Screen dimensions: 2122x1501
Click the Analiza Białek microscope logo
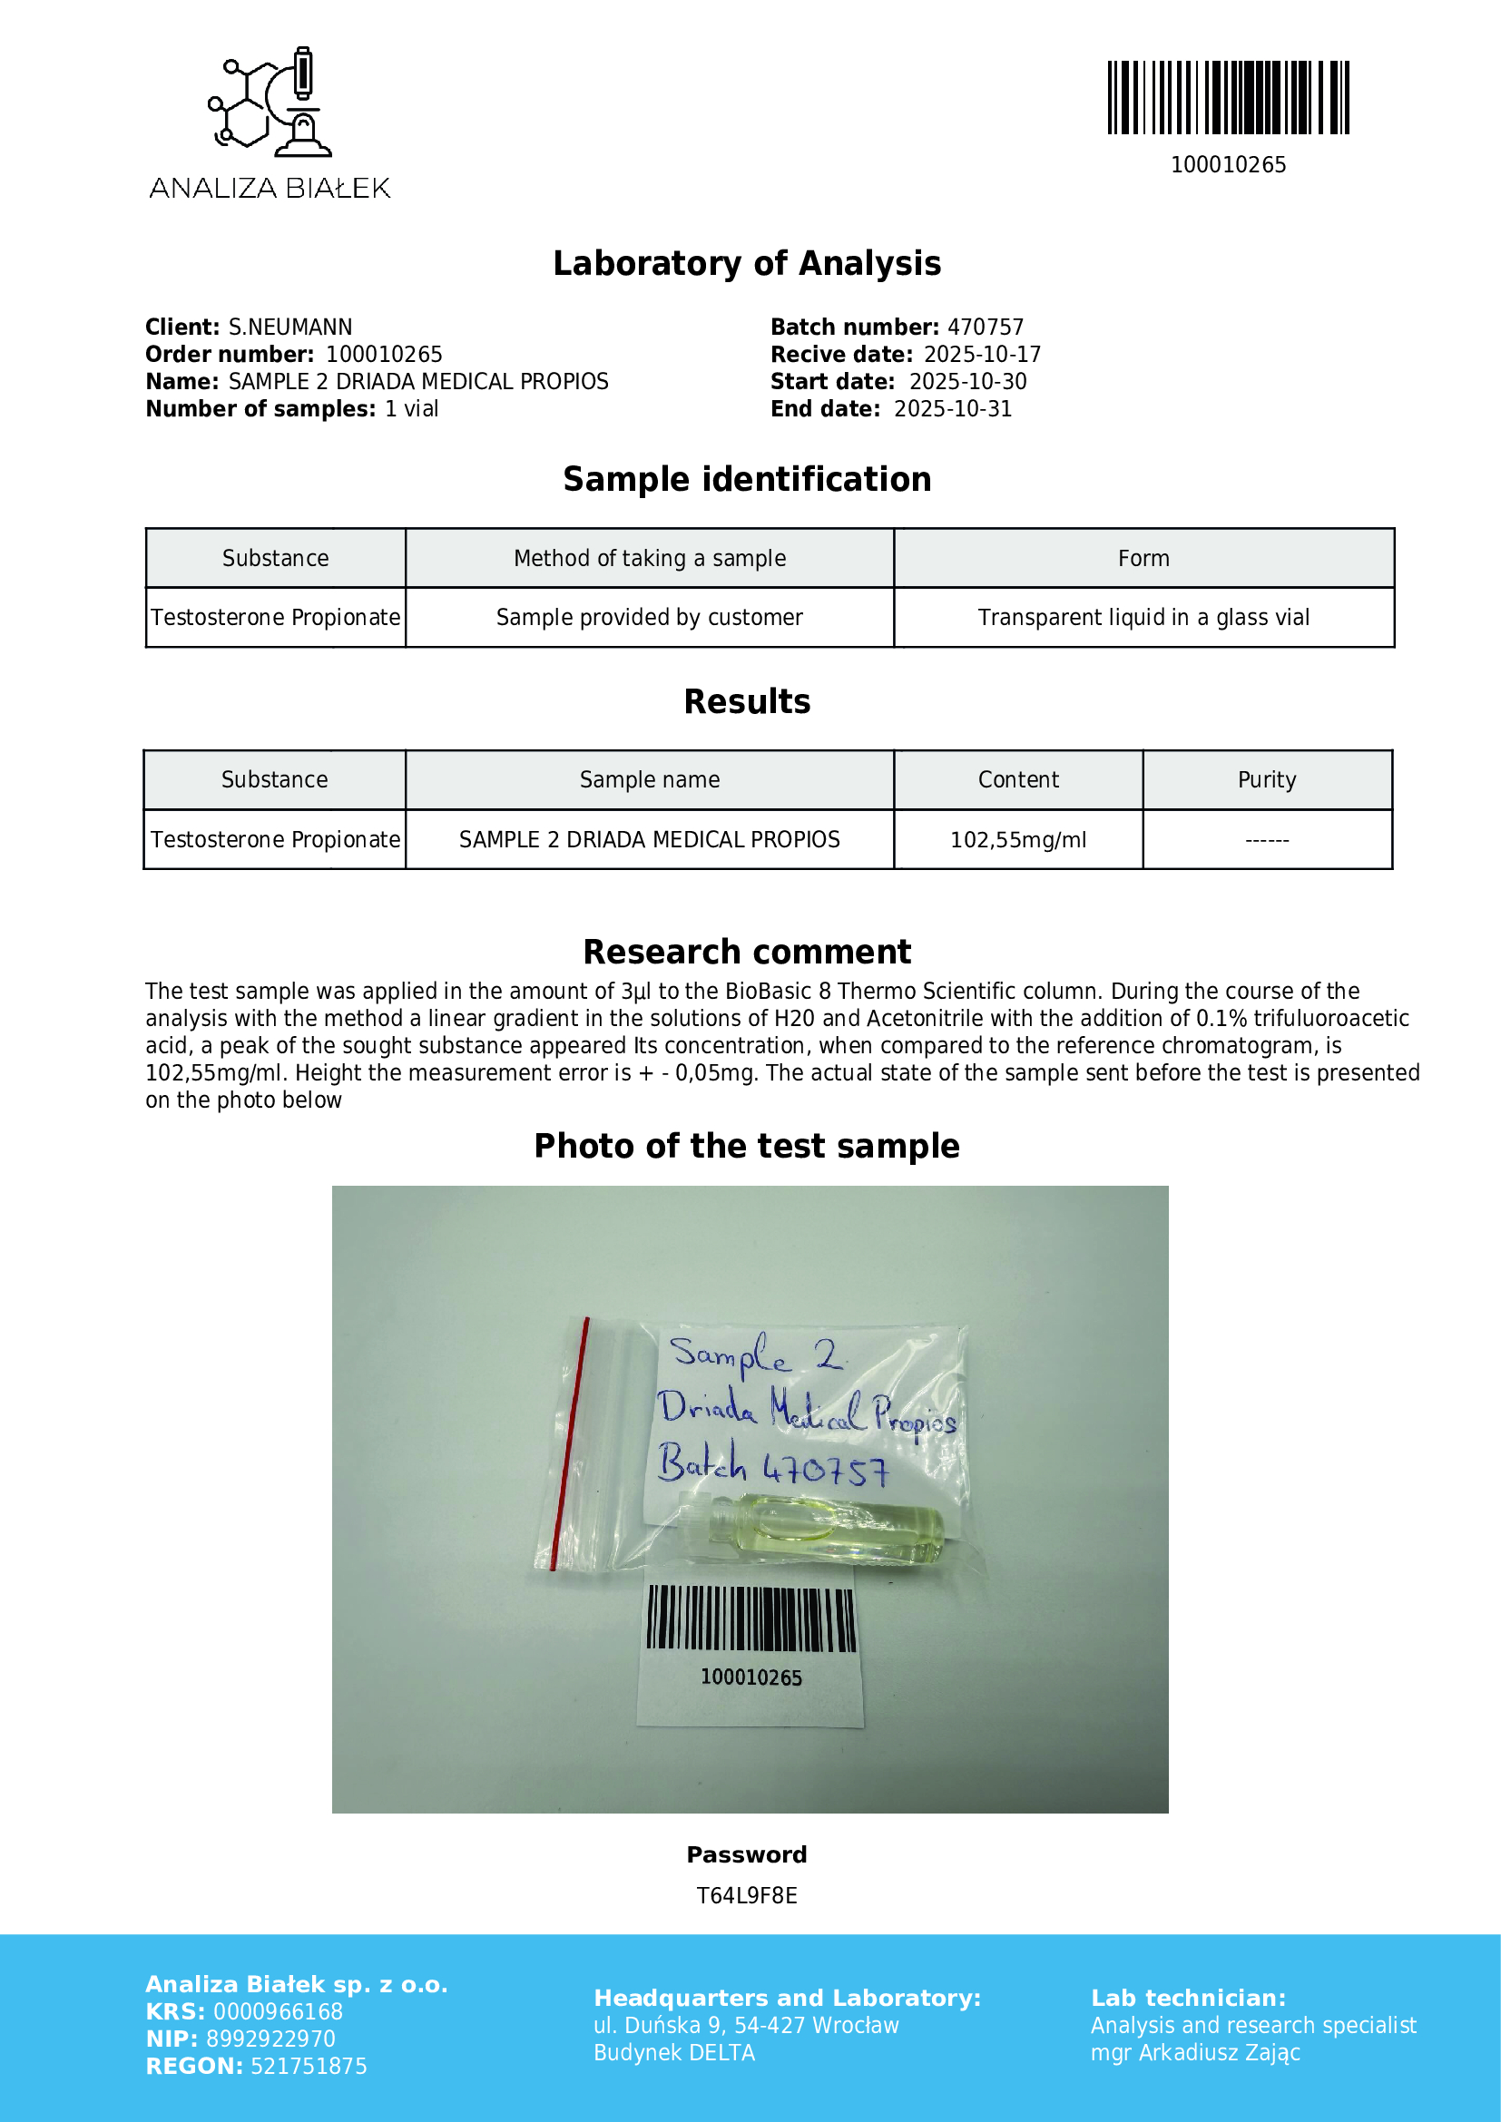point(270,102)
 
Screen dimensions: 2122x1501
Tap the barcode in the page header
point(1228,98)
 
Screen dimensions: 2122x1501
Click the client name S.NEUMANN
point(290,328)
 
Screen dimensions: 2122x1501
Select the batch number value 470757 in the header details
point(986,328)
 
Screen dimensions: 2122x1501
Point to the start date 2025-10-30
point(966,382)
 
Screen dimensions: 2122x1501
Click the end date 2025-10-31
point(952,408)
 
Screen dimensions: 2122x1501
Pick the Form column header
point(1143,558)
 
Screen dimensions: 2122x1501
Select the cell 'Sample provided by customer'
point(649,618)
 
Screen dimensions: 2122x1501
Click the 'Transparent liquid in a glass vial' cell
point(1143,618)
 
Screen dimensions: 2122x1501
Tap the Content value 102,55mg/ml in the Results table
point(1017,839)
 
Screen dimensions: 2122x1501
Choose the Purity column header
point(1266,780)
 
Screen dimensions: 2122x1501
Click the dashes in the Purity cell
point(1266,840)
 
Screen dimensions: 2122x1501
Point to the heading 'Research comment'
point(747,952)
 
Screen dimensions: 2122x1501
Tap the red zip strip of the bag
point(569,1442)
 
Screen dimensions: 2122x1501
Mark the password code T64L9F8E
point(747,1895)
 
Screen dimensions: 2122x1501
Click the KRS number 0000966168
point(279,2011)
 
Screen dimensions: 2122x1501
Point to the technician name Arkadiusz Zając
point(1219,2053)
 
